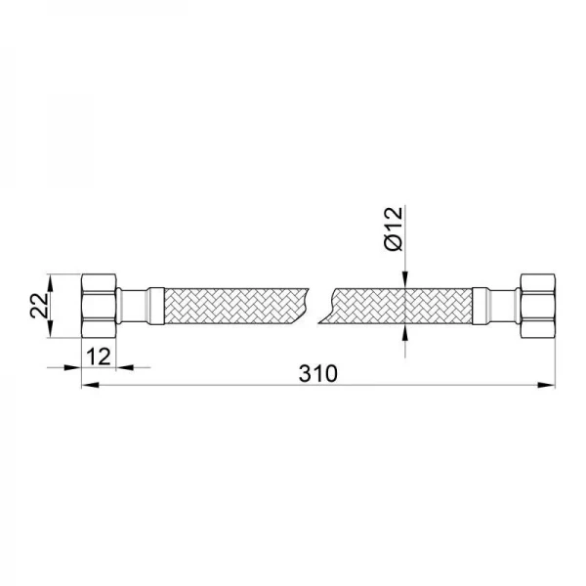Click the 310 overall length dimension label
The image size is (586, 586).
318,373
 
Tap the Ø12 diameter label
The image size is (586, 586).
394,228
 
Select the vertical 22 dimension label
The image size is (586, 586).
39,306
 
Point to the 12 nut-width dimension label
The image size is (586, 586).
99,356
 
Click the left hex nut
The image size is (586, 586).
99,306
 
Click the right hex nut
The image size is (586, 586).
537,306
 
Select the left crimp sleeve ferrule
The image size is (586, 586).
156,306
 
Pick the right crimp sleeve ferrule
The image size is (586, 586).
480,306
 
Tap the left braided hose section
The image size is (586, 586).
236,306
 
